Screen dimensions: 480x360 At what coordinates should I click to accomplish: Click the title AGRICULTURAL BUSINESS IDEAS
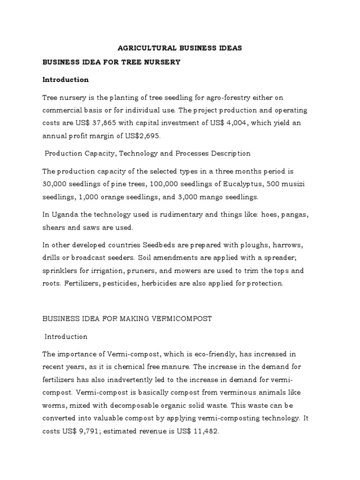point(180,48)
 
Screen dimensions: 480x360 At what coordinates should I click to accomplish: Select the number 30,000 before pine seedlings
point(55,184)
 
